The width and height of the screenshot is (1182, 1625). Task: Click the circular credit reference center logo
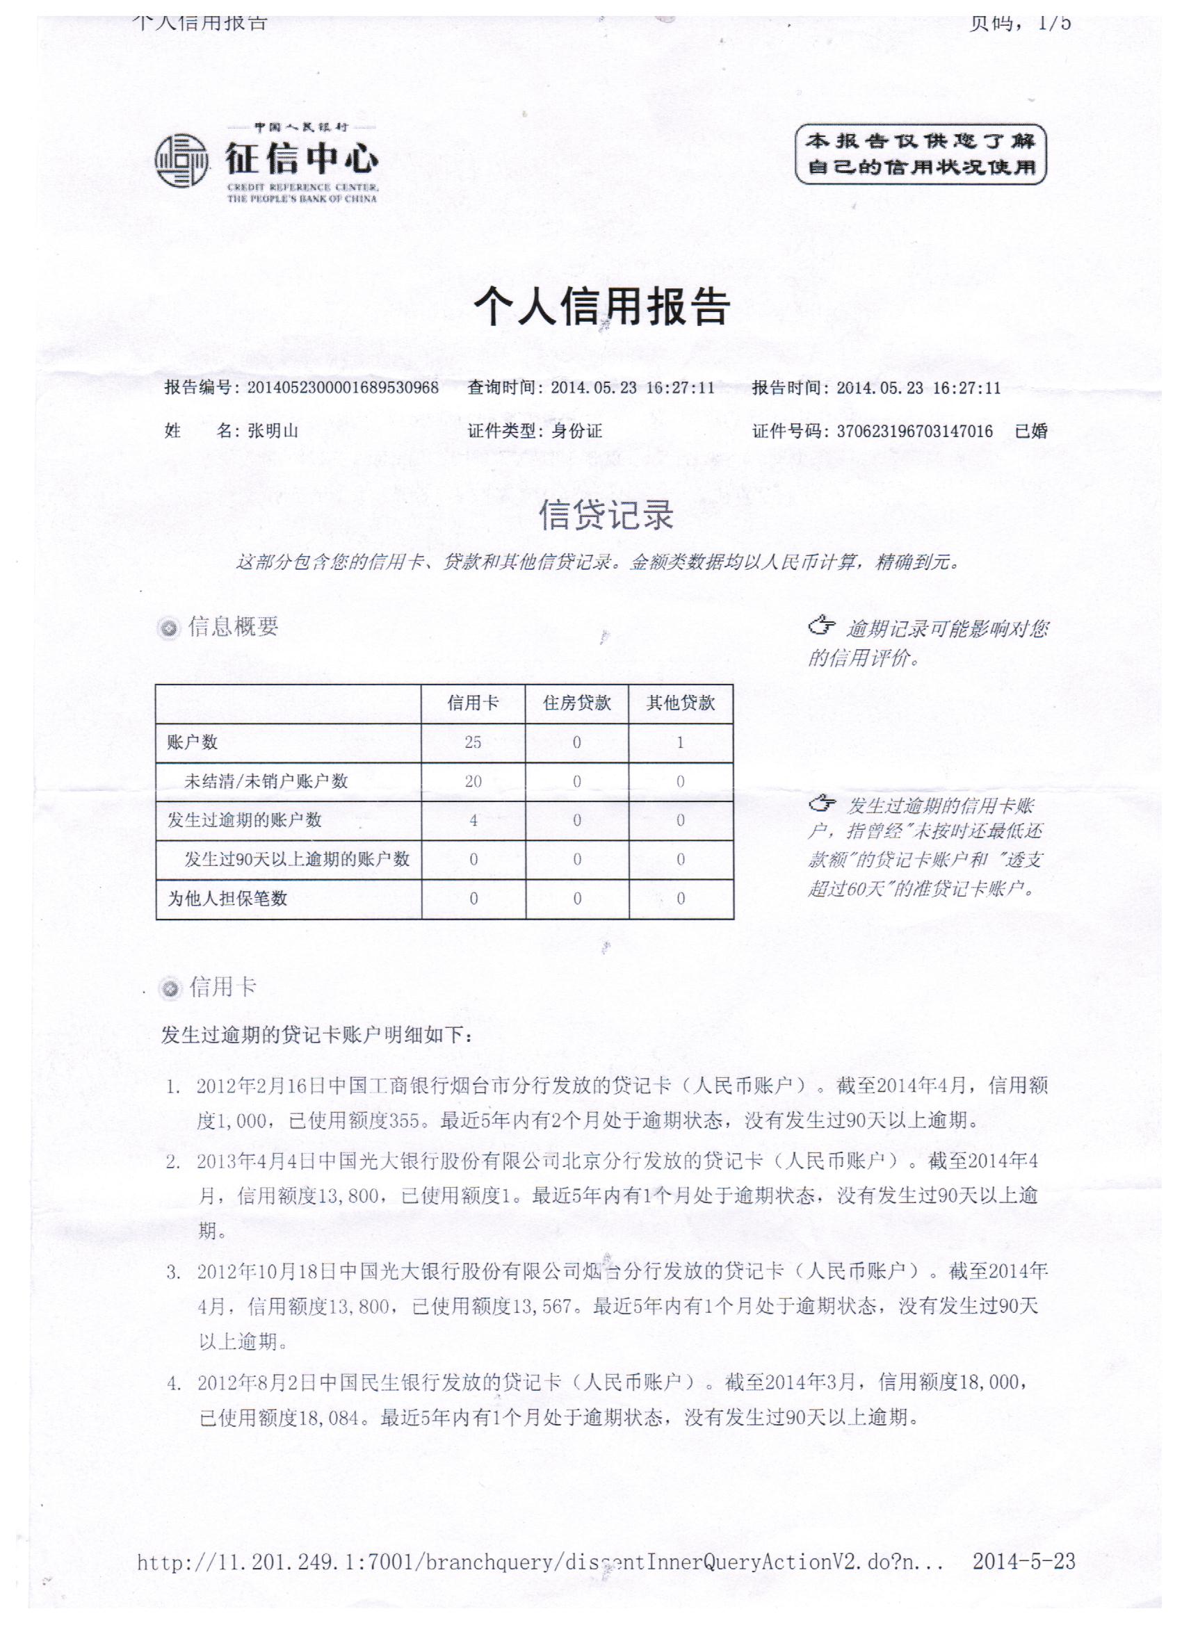point(181,161)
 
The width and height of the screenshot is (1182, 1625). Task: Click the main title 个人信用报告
point(601,307)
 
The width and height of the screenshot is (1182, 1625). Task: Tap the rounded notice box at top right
point(921,154)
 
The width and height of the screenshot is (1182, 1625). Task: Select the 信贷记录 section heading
point(606,515)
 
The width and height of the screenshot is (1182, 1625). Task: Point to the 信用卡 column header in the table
point(473,703)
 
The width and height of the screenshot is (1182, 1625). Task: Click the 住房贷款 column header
point(577,703)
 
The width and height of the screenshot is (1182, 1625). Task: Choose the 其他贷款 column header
point(681,703)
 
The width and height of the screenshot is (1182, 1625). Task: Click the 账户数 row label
point(192,742)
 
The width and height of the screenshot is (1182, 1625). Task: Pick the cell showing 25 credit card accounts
point(473,742)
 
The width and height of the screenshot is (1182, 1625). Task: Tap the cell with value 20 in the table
point(473,782)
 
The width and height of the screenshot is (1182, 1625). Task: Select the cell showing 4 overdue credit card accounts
point(473,820)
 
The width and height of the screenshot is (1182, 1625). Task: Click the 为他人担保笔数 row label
point(227,899)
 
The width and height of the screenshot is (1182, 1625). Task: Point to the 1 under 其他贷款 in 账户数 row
point(680,742)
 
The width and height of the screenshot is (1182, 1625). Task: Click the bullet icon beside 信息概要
point(169,629)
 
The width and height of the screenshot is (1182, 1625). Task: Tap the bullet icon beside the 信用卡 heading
point(170,990)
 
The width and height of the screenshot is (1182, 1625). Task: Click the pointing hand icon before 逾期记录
point(822,626)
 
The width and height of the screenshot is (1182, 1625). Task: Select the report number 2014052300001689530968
point(343,389)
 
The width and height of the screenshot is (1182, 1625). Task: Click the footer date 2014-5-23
point(1023,1561)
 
